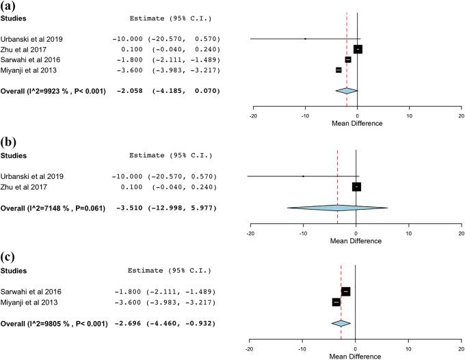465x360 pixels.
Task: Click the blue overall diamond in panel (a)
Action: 346,90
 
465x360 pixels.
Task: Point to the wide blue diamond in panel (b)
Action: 337,208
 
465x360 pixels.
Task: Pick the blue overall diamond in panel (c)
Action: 341,323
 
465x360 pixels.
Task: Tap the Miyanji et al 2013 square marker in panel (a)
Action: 338,70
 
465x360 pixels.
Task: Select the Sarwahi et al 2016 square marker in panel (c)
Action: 346,292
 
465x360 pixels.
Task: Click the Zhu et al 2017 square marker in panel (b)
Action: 356,186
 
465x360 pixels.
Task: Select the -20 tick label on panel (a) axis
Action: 253,115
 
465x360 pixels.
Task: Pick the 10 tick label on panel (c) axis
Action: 408,348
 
